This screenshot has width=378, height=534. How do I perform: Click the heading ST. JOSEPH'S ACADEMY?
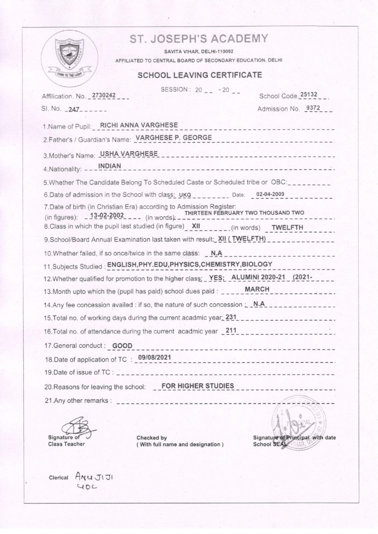click(x=199, y=39)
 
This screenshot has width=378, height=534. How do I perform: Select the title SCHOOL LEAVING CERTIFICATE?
click(x=200, y=75)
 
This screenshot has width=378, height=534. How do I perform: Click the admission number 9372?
click(x=313, y=108)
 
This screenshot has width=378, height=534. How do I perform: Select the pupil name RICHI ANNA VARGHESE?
click(x=139, y=125)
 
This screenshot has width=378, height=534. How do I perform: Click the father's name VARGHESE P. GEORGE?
click(x=174, y=138)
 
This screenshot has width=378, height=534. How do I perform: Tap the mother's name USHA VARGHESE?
click(x=129, y=153)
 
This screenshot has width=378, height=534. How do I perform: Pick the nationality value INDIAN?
click(x=109, y=166)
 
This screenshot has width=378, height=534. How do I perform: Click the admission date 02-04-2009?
click(x=270, y=194)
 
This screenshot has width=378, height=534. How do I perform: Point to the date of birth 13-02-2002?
click(x=108, y=216)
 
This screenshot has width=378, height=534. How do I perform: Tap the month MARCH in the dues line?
click(x=257, y=289)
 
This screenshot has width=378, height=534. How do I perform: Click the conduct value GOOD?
click(x=122, y=345)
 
